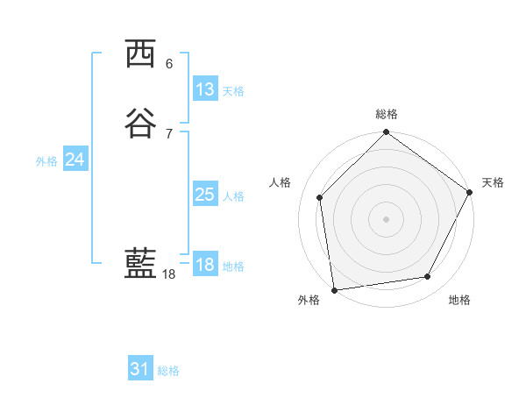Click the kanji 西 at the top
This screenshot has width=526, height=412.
tap(142, 54)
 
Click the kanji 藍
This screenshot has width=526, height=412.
tap(142, 264)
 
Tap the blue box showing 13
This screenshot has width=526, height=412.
tap(204, 89)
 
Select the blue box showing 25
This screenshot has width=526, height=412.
tap(204, 195)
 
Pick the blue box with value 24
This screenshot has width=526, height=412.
tap(75, 160)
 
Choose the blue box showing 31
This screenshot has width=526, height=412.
tap(140, 369)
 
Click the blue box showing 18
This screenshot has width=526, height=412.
tap(205, 265)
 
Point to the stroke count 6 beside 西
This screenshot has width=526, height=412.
tap(169, 64)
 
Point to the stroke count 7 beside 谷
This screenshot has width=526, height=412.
tap(169, 134)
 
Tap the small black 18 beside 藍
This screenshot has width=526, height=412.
tap(169, 274)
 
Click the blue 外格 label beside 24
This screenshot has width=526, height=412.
tap(46, 161)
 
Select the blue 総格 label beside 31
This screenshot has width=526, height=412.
tap(168, 371)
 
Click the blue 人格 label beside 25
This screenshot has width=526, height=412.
tap(233, 196)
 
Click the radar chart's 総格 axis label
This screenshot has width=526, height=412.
tap(386, 114)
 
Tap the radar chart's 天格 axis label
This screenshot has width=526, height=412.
tap(493, 182)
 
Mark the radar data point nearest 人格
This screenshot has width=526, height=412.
tap(320, 197)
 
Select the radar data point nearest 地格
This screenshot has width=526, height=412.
tap(428, 277)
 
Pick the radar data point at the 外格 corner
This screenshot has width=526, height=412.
tap(334, 289)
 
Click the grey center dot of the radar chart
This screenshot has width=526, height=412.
tap(386, 218)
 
